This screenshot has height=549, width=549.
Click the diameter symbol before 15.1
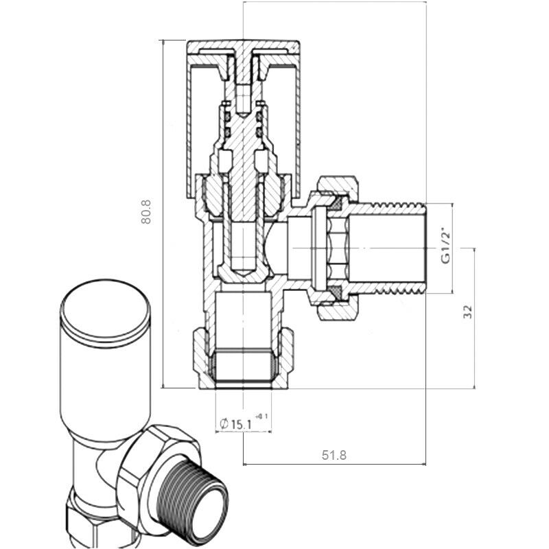point(224,424)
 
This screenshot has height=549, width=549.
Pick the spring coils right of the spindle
point(260,124)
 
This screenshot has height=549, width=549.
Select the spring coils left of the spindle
point(224,124)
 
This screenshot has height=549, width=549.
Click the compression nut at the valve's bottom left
point(198,357)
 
